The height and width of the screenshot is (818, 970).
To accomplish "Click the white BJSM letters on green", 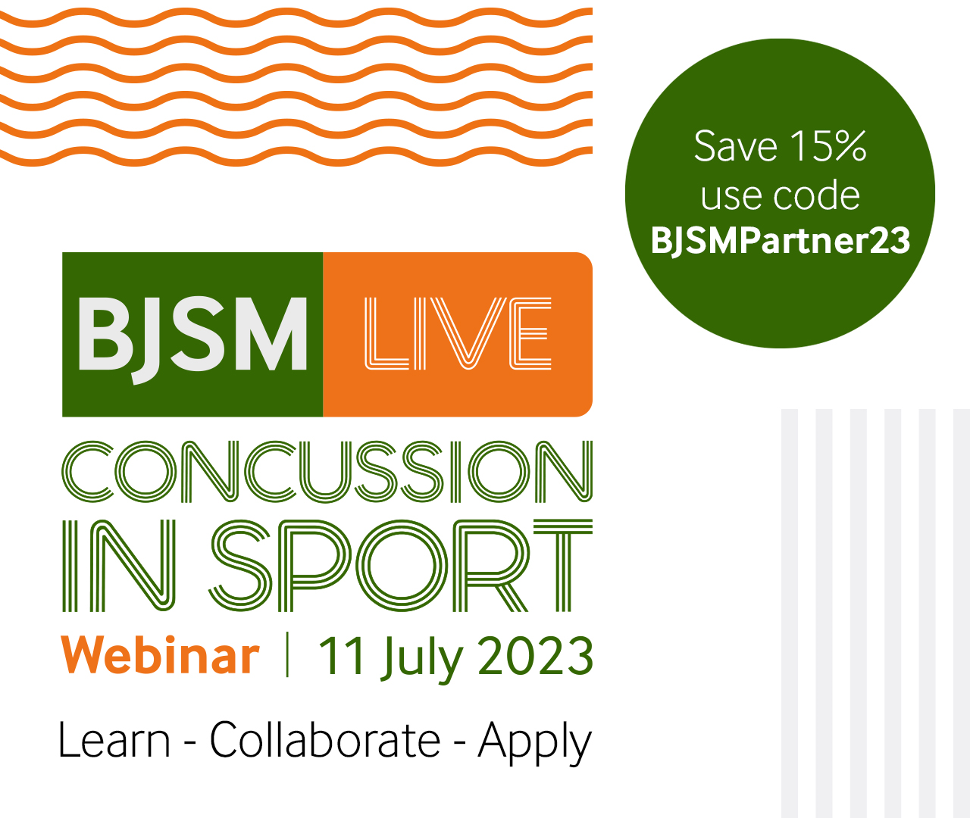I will click(x=192, y=334).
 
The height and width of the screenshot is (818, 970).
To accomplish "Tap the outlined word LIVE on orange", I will click(x=458, y=334).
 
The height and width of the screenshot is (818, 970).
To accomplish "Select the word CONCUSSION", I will click(x=327, y=472).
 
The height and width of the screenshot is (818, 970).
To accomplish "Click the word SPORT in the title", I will click(x=400, y=566).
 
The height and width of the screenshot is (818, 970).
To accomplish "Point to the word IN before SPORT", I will click(x=119, y=566).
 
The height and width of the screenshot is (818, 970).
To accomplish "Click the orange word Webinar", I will click(x=160, y=655).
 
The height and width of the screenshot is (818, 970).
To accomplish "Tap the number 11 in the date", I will click(x=343, y=656).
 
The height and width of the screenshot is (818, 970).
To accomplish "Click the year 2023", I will click(x=536, y=656).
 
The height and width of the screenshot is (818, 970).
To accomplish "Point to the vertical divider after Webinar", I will click(x=287, y=655).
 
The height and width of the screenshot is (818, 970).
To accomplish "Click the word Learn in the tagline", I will click(x=114, y=740).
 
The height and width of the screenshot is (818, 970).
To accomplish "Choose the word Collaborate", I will click(x=324, y=740).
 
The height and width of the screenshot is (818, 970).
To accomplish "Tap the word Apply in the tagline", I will click(x=534, y=742).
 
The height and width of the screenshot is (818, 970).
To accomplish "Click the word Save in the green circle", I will click(x=735, y=146).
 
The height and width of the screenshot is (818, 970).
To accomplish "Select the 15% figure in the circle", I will click(x=828, y=146).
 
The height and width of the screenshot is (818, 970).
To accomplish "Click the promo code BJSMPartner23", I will click(x=781, y=241).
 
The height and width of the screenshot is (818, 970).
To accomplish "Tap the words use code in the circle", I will click(x=781, y=195).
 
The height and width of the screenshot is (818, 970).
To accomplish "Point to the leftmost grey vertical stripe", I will click(x=790, y=613).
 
